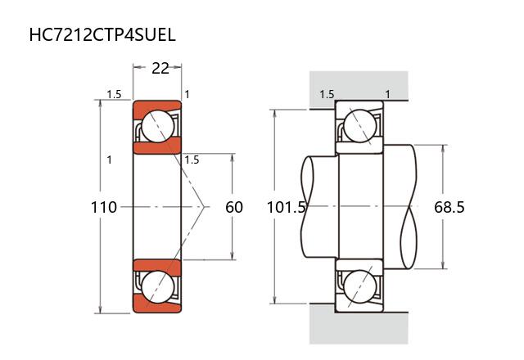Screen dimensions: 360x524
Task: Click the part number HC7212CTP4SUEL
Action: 102,35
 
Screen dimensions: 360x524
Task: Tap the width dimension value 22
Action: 160,68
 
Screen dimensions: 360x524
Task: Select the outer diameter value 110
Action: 103,207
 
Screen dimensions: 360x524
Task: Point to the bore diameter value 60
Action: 234,207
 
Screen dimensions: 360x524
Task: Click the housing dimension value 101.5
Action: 287,207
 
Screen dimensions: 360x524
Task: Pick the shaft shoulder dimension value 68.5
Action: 449,207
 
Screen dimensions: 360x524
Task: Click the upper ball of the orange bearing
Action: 156,126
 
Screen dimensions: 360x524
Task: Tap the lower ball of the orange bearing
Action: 156,287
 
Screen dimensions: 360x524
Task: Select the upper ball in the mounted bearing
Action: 359,126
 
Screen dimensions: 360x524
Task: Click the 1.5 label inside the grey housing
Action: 327,94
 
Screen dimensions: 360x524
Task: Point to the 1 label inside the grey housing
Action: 387,94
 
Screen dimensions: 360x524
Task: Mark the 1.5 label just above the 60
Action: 192,160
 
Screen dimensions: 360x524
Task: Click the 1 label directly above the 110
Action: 109,160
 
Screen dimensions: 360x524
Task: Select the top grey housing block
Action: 358,87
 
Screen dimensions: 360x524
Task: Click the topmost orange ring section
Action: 156,106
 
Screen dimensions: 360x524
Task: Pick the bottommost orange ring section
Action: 156,308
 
